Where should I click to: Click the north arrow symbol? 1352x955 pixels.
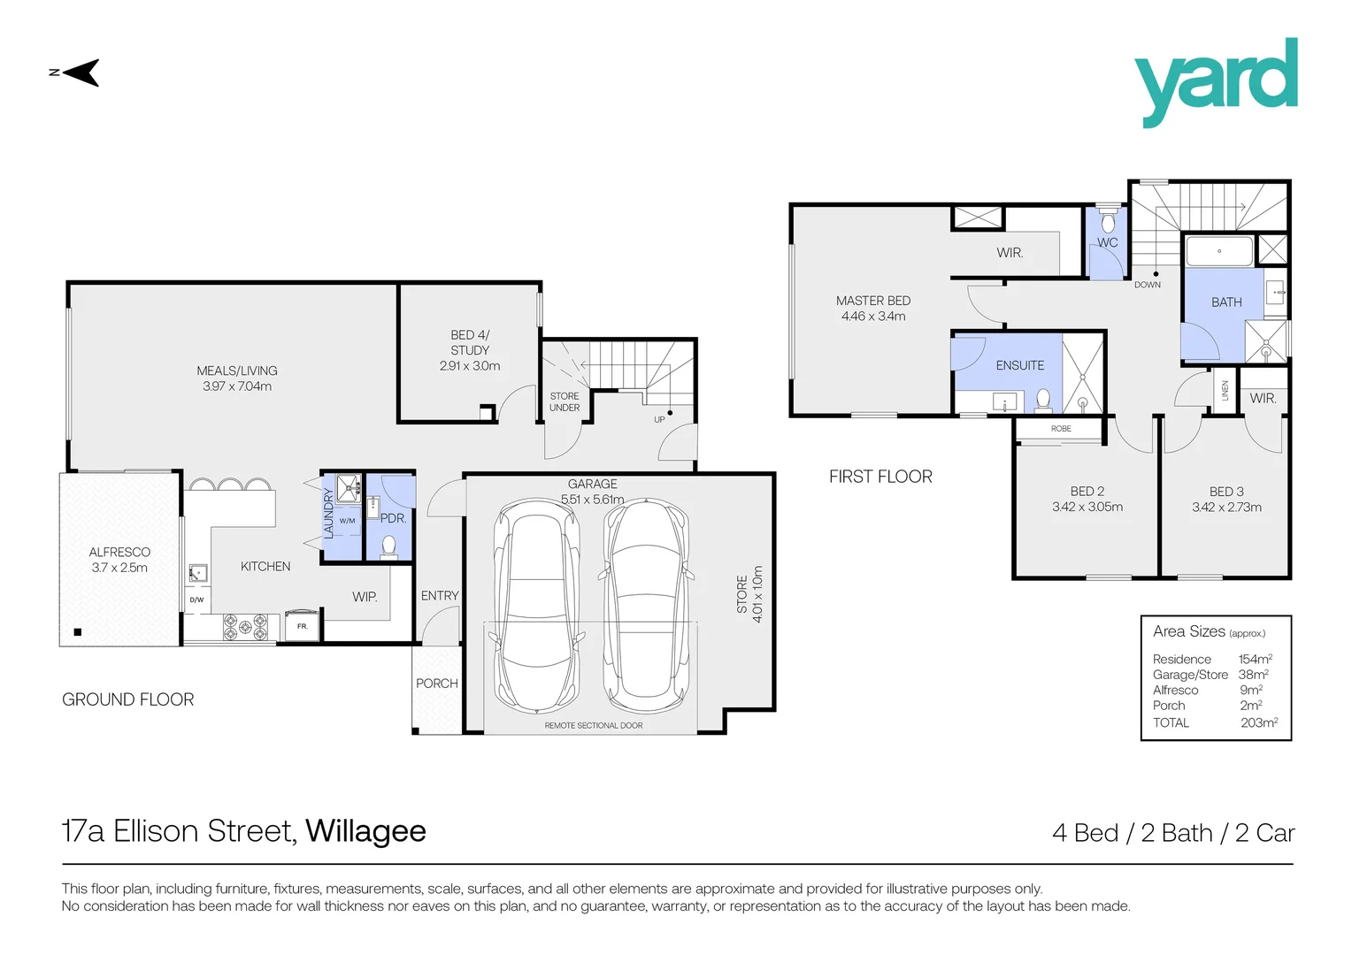(x=80, y=73)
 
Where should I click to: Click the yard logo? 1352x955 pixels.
(x=1216, y=82)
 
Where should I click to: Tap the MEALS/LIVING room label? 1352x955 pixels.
(x=237, y=378)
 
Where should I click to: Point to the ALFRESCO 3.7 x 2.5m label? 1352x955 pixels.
(x=119, y=560)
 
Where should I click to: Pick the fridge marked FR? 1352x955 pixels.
(x=302, y=625)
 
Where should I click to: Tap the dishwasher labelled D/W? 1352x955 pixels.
(x=196, y=600)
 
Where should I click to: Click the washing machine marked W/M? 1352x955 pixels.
(x=347, y=521)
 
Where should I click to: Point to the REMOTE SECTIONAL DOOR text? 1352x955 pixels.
(x=594, y=725)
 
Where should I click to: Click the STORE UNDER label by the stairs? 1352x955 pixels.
(x=565, y=402)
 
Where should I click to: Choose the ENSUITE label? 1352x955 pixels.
(x=1019, y=365)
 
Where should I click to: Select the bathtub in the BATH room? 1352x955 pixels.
(x=1218, y=251)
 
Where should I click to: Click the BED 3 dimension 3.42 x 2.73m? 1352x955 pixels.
(x=1226, y=508)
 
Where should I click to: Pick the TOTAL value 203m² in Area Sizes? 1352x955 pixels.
(x=1258, y=722)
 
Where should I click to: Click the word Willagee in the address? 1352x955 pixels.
(x=365, y=831)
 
